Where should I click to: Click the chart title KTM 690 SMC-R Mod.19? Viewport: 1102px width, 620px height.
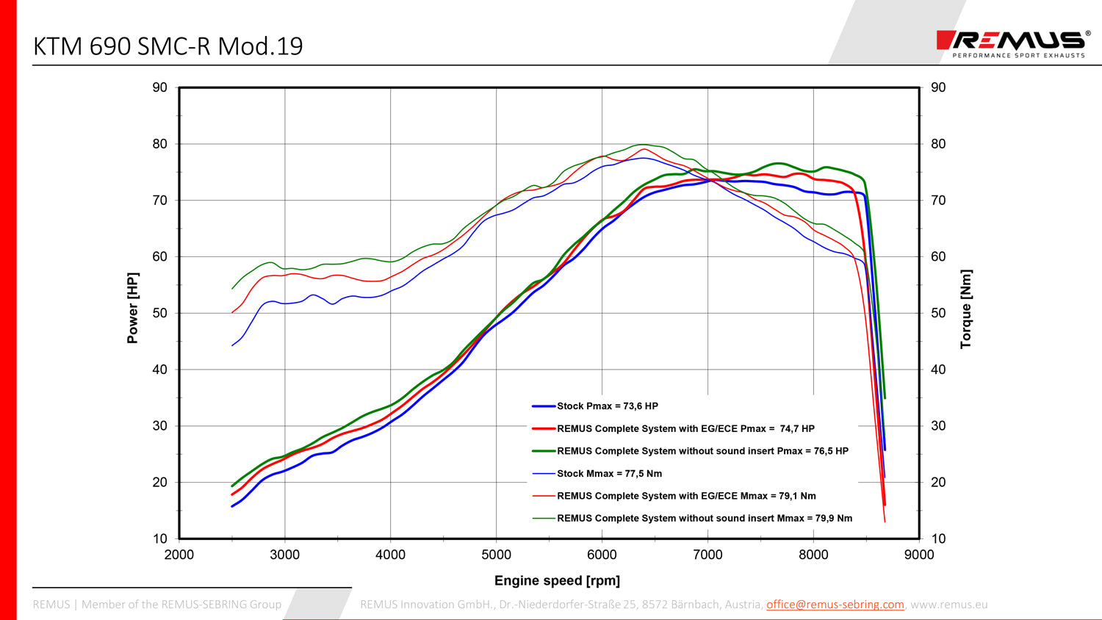(x=168, y=46)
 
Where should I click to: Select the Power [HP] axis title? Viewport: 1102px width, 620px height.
(x=132, y=308)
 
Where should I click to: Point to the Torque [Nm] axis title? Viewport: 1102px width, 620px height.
(x=965, y=309)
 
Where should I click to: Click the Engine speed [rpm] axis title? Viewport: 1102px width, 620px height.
(x=557, y=580)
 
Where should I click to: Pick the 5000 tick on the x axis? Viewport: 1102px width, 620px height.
(x=496, y=555)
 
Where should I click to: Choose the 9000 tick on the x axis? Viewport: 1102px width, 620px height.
(x=919, y=555)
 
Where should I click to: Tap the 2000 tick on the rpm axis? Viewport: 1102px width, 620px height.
(x=179, y=555)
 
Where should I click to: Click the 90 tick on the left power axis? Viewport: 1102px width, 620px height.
(x=159, y=87)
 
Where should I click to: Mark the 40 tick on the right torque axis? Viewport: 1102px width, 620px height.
(x=938, y=370)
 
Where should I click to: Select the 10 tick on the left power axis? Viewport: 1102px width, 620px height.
(x=159, y=538)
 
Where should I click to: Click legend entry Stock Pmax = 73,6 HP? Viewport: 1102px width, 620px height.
(x=607, y=406)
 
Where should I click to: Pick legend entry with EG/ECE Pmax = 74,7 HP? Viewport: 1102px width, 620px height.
(x=685, y=428)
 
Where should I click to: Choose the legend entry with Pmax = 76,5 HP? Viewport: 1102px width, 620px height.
(x=702, y=451)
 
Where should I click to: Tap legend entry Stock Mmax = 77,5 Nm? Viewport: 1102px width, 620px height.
(x=609, y=474)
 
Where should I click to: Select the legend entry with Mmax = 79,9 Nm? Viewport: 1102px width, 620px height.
(x=704, y=519)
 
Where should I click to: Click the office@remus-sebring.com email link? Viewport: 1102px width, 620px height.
(x=835, y=605)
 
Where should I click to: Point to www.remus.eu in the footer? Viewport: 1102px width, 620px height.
(x=949, y=605)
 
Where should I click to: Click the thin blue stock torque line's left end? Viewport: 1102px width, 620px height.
(x=233, y=345)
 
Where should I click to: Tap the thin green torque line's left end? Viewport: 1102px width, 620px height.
(x=233, y=288)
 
